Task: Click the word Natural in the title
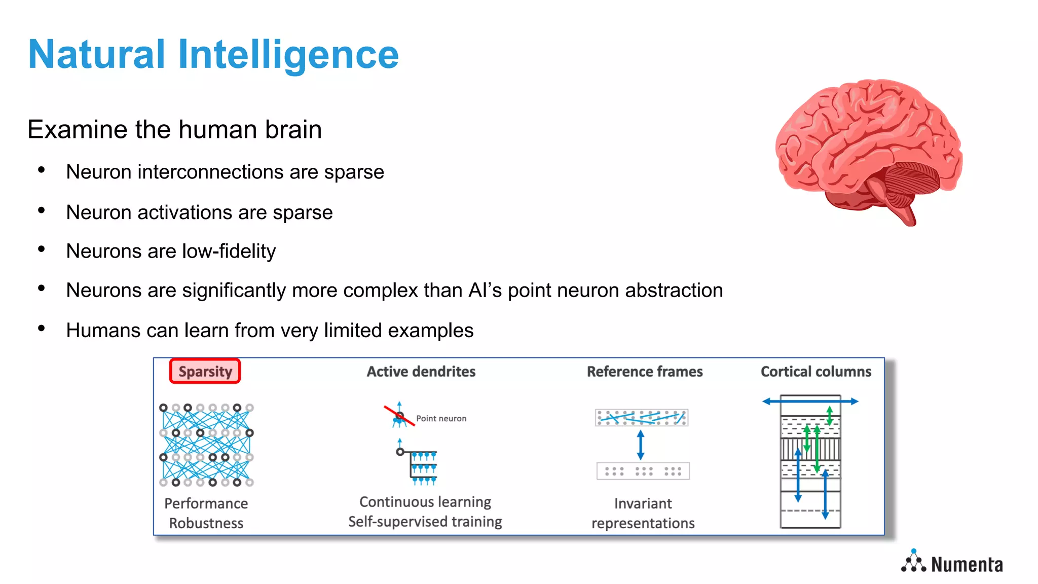click(x=96, y=55)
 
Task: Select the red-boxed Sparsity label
click(x=205, y=372)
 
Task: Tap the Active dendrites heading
click(x=421, y=372)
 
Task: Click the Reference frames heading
click(x=644, y=372)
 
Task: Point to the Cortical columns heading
click(x=815, y=372)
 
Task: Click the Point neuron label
click(x=441, y=419)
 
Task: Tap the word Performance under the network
click(x=206, y=503)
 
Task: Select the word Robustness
click(x=206, y=523)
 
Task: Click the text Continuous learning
click(x=425, y=502)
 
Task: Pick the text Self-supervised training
click(x=425, y=522)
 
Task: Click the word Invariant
click(x=643, y=503)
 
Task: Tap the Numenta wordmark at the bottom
click(x=967, y=565)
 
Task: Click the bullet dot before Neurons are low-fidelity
click(x=42, y=249)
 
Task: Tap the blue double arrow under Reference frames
click(x=641, y=445)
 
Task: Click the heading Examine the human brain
click(x=174, y=129)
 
